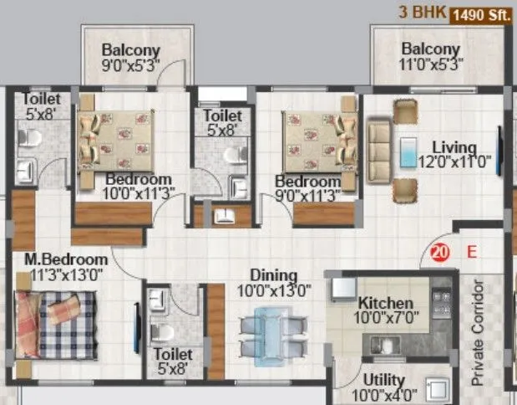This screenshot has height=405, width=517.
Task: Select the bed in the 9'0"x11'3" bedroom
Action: coord(317,138)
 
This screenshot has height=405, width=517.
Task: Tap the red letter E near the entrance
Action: coord(470,250)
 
